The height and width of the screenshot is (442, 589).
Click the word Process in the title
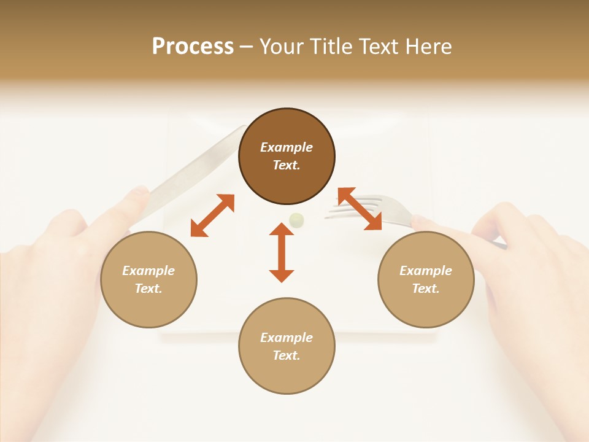[193, 47]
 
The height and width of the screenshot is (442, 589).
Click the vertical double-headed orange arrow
[282, 252]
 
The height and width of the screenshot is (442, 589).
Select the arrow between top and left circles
[212, 215]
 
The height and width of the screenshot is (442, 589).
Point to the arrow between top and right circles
[360, 209]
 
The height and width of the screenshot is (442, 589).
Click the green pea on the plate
[296, 219]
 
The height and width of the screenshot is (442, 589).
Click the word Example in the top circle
[287, 147]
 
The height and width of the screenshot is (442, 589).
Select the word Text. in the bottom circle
[287, 355]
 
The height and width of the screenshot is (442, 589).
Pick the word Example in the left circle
[148, 271]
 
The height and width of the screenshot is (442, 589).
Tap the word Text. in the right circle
[426, 289]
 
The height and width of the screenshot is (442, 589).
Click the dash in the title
[246, 47]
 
